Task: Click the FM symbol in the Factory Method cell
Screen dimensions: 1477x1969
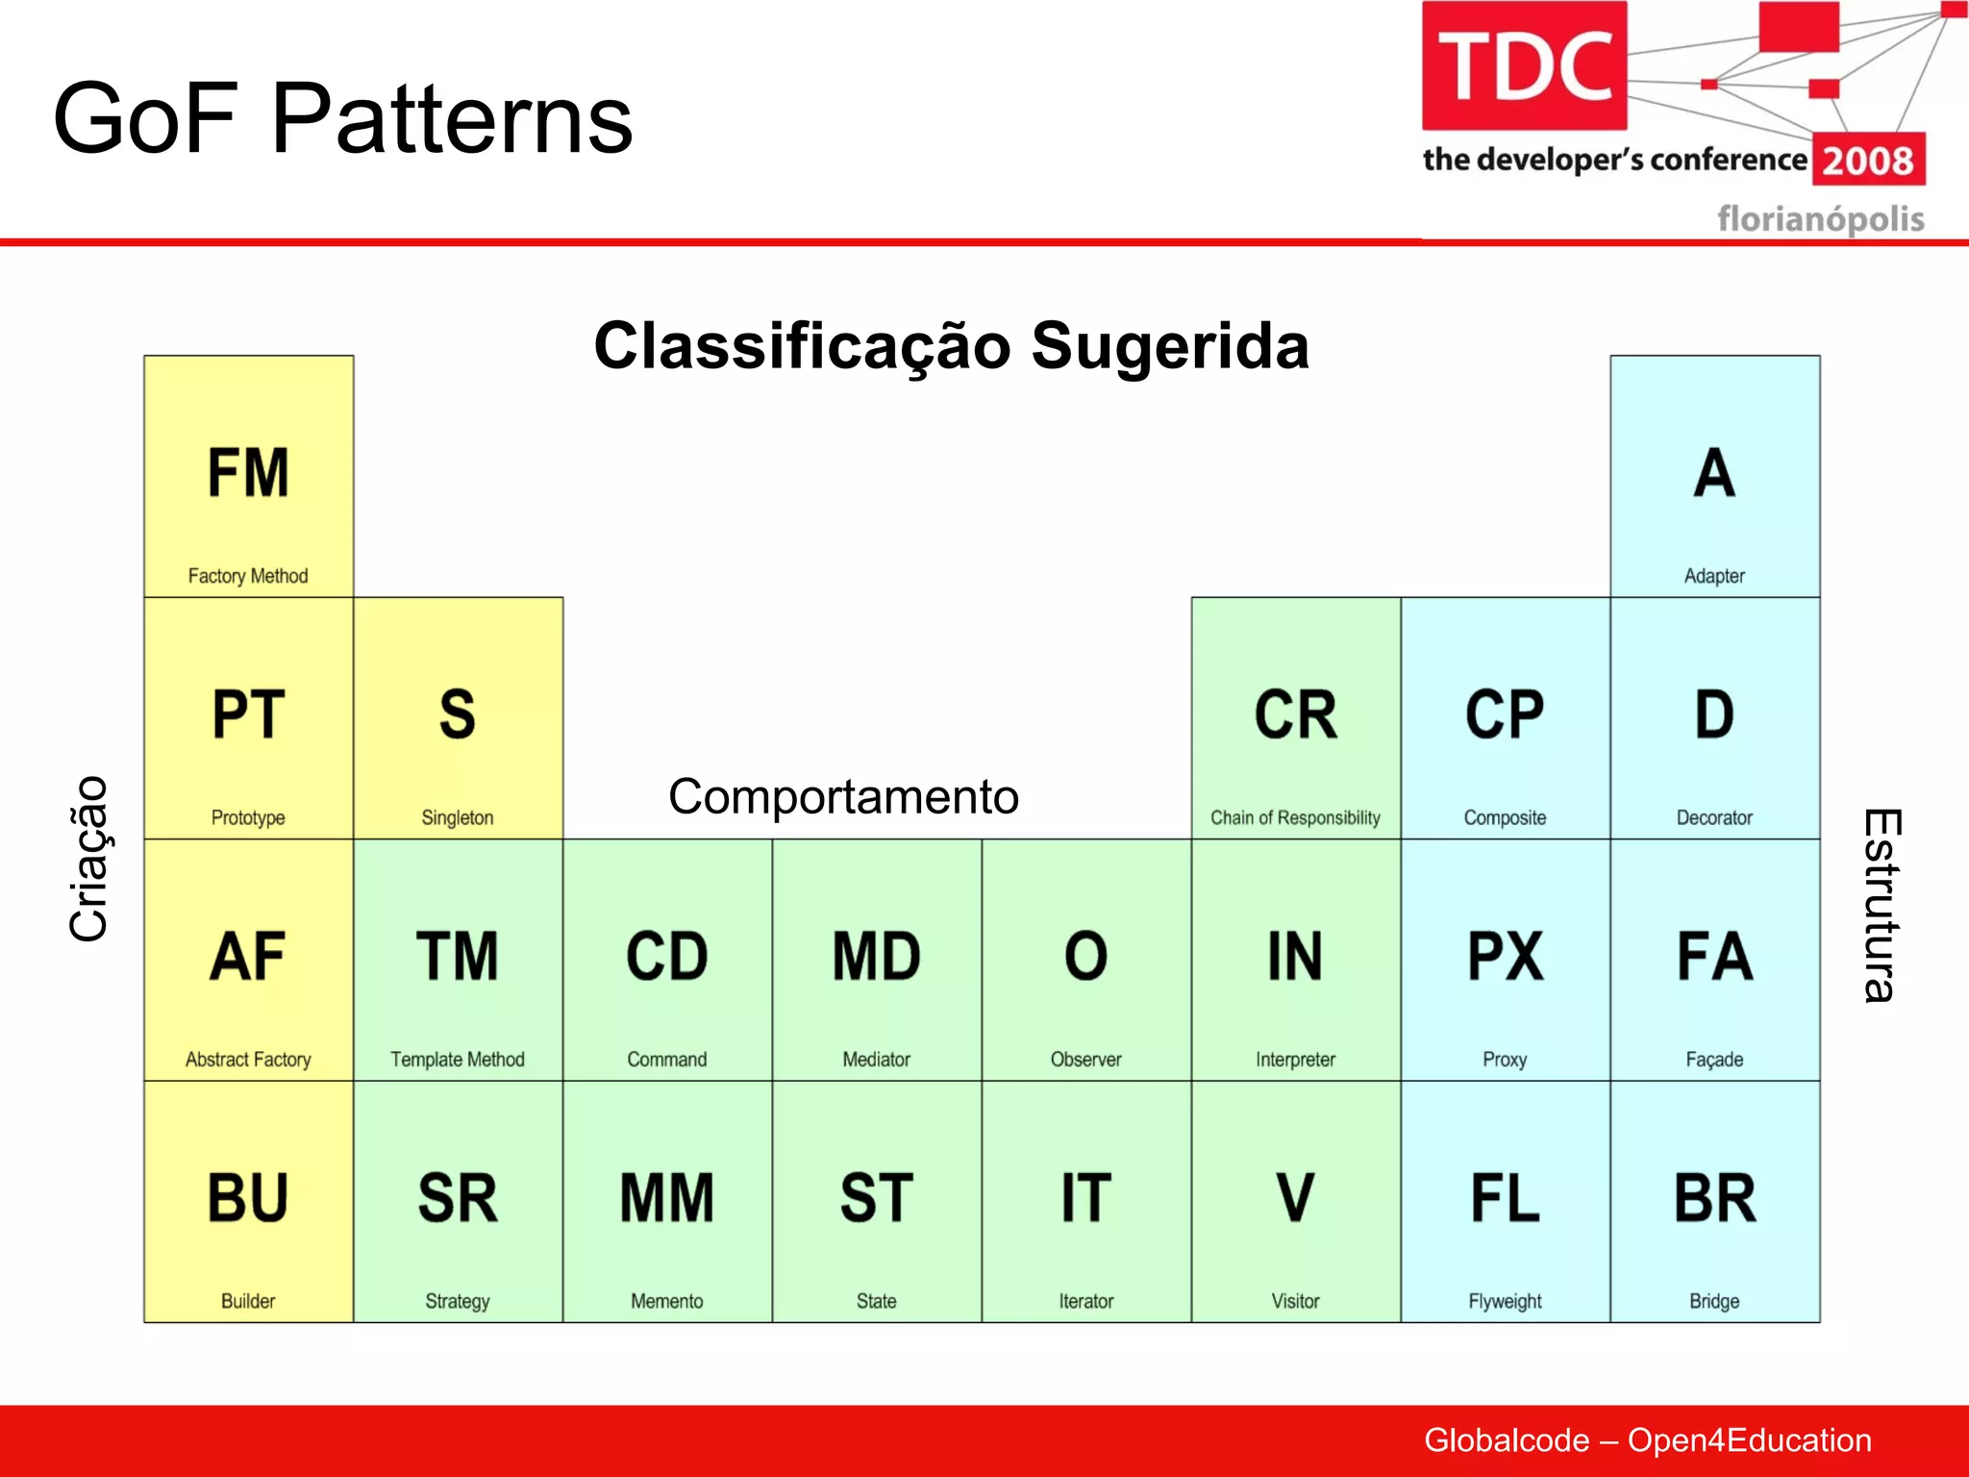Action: (x=248, y=473)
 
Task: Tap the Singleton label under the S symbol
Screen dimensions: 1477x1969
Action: (x=457, y=817)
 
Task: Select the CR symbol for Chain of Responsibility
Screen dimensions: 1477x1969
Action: (x=1295, y=715)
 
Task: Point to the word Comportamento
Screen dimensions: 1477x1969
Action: (x=843, y=796)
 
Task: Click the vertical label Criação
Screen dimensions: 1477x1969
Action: (x=88, y=859)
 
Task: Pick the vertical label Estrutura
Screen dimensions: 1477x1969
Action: (x=1881, y=905)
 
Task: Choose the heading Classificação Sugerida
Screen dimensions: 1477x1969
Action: (x=951, y=346)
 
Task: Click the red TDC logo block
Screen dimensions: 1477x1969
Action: (x=1524, y=65)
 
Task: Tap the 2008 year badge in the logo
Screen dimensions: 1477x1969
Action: (x=1868, y=161)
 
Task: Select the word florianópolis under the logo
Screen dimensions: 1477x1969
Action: (x=1820, y=218)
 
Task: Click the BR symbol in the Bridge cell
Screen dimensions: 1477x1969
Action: (x=1714, y=1198)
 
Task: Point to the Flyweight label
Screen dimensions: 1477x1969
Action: (x=1505, y=1301)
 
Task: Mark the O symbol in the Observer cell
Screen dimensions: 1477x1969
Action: (x=1085, y=957)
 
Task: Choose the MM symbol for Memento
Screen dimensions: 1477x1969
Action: (x=666, y=1198)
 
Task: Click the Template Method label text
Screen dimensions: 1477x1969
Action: (x=457, y=1059)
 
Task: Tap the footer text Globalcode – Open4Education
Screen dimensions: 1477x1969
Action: (x=1647, y=1440)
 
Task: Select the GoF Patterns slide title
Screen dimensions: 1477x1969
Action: (x=342, y=118)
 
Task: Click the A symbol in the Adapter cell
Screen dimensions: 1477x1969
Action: (x=1714, y=473)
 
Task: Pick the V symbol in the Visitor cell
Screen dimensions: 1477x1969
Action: (x=1295, y=1198)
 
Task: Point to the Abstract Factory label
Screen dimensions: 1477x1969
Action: (x=248, y=1059)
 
